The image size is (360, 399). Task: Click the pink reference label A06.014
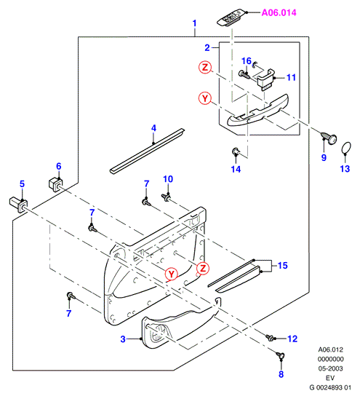coord(279,12)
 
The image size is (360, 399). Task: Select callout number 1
coord(194,23)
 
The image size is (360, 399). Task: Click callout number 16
coord(246,61)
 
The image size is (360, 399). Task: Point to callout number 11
coord(291,78)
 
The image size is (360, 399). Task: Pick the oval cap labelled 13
coord(346,148)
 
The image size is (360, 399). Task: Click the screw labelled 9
coord(329,138)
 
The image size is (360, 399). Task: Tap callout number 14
coord(236,169)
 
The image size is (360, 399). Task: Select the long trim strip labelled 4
coord(147,151)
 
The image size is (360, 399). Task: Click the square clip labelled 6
coord(56,184)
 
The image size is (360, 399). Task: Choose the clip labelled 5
coord(19,205)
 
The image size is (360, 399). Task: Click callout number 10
coord(168,179)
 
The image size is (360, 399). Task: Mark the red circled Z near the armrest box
coord(205,68)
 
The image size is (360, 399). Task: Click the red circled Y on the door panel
coord(172,274)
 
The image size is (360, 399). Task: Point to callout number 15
coord(282,266)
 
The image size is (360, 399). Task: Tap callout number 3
coord(123,339)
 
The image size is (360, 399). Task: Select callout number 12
coord(292,339)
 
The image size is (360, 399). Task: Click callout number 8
coord(281,374)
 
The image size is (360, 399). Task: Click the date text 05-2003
coord(330,368)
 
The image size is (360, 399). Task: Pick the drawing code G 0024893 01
coord(330,387)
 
